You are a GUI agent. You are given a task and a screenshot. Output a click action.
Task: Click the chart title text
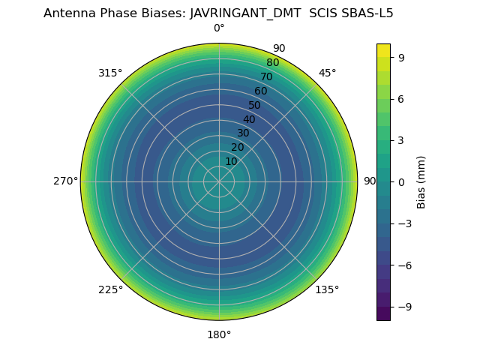coord(218,13)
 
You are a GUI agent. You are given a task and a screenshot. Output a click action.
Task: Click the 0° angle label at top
coord(219,28)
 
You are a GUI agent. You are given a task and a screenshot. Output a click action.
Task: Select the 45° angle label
coord(327,73)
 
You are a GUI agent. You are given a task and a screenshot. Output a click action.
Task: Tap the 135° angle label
coord(327,289)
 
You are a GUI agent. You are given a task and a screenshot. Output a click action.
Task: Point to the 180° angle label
coord(219,334)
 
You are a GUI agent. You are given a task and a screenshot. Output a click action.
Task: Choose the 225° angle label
coord(110,289)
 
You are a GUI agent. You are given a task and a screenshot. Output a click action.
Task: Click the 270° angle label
coord(65,181)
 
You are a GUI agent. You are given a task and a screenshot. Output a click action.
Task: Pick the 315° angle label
coord(110,73)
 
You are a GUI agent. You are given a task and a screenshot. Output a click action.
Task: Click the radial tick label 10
coord(231,161)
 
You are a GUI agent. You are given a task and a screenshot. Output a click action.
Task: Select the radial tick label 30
coord(243,133)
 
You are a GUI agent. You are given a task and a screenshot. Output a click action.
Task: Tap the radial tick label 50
coord(255,105)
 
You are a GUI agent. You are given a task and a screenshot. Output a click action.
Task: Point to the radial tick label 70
coord(266,76)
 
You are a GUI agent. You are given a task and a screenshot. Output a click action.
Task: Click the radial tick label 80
coord(272,62)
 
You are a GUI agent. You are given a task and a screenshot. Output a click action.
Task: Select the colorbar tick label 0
coord(401,181)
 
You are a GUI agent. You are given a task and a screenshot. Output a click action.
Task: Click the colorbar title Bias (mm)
coord(421,181)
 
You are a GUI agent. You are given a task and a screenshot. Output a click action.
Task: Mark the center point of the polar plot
coord(219,181)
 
